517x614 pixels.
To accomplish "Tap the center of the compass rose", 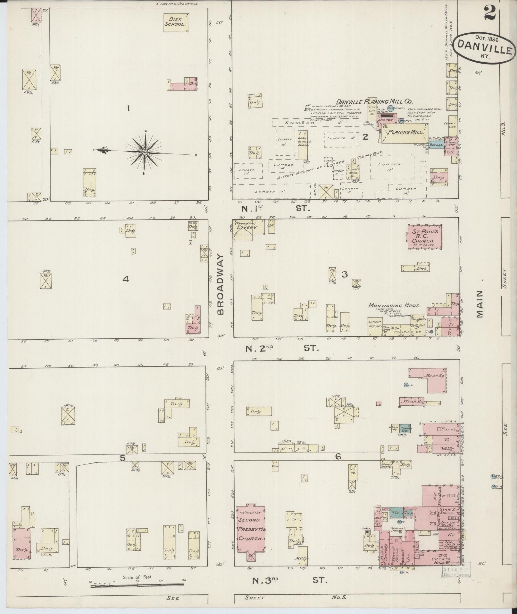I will click(145, 151).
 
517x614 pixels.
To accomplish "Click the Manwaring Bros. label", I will click(394, 306).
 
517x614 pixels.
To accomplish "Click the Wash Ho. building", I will click(412, 401).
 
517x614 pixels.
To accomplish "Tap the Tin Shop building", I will click(398, 513).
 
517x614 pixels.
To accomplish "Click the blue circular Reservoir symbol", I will click(390, 108).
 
